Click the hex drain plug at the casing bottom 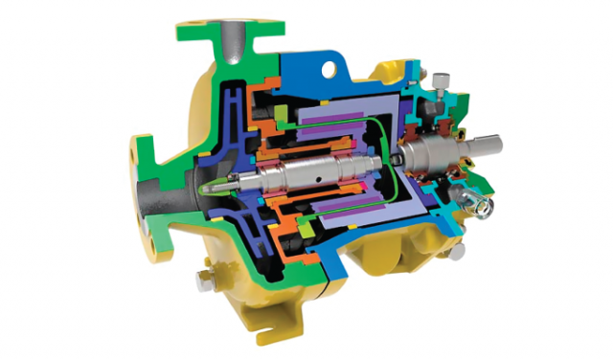coord(203,280)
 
